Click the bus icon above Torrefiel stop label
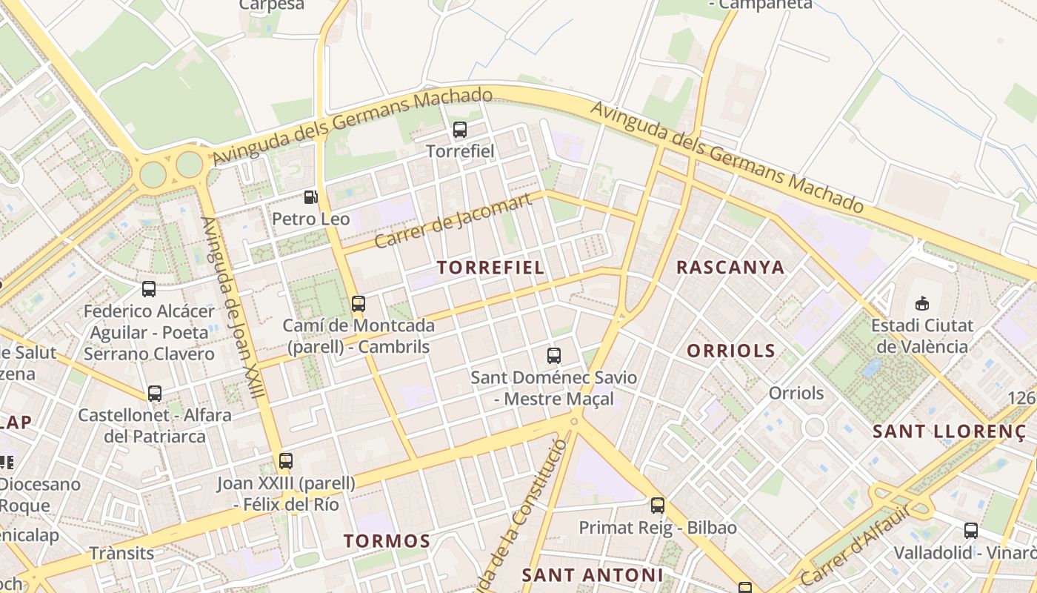click(460, 130)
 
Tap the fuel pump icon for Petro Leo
click(311, 197)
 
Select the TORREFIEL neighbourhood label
click(490, 268)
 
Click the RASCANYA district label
click(730, 268)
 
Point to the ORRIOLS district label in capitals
click(731, 351)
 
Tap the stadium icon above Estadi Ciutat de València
click(922, 303)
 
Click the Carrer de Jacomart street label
click(453, 220)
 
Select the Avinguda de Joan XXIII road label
click(233, 308)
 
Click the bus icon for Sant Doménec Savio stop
click(554, 356)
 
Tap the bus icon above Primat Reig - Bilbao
click(658, 506)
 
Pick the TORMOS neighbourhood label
click(387, 541)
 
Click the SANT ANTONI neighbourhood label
click(593, 574)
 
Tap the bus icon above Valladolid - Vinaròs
click(971, 530)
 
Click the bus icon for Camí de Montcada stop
click(359, 303)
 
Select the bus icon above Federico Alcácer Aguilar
click(149, 289)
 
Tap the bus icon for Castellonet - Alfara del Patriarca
click(155, 394)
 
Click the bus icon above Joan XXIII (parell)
click(286, 461)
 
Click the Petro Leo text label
click(311, 219)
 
